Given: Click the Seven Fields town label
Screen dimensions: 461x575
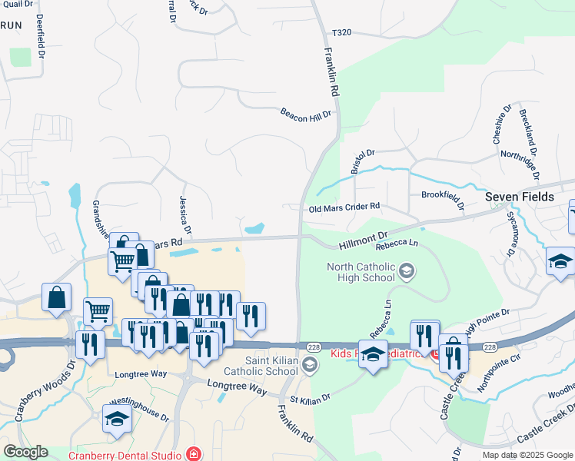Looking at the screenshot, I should (520, 197).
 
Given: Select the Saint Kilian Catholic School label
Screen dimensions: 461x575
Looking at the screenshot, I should (271, 365).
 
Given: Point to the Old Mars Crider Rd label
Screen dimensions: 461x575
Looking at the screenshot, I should (344, 207).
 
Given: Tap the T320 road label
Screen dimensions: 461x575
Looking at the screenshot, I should (341, 33).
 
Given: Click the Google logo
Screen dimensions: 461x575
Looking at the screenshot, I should (25, 452).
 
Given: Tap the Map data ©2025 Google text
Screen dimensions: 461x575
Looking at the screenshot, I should (526, 455).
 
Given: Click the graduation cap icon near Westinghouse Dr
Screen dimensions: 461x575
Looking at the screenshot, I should (117, 419).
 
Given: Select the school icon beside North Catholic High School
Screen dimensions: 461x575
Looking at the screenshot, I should (407, 270).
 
